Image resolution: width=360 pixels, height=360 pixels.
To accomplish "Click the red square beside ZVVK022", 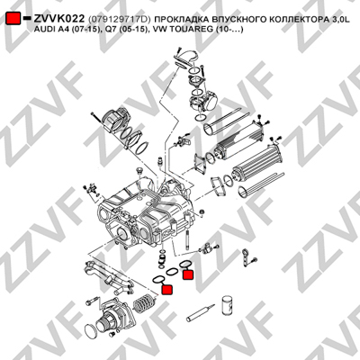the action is [x=13, y=19].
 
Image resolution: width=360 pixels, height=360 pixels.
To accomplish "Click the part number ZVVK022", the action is [x=59, y=19].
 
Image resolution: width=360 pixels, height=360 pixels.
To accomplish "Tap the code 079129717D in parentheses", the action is [x=120, y=20].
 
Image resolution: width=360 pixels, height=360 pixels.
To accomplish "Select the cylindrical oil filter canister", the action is [x=228, y=305].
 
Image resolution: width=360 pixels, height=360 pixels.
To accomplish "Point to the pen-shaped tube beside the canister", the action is [x=201, y=313].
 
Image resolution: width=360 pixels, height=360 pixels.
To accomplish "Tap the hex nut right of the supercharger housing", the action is [x=202, y=212].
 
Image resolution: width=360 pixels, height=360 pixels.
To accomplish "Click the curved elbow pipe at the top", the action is [x=187, y=58].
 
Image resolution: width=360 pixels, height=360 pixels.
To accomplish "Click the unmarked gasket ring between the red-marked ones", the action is [x=172, y=272].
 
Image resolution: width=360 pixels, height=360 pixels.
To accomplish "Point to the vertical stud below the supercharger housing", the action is [x=187, y=239].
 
